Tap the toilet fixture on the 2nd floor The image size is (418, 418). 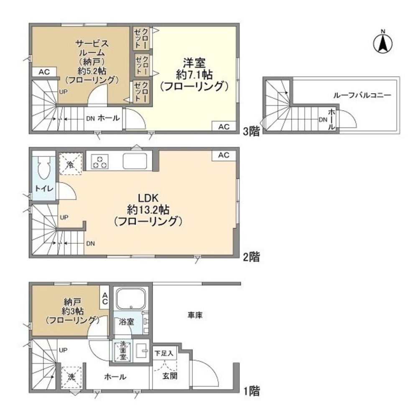coord(44,168)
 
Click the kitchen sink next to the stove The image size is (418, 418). coord(135,161)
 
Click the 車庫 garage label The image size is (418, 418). coord(195,315)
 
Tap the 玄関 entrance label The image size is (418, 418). coord(170,376)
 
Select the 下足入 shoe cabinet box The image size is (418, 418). coord(164,353)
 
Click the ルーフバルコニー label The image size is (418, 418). coord(362,95)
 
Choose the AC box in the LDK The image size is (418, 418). coord(224,155)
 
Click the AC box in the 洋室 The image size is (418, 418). coord(224,127)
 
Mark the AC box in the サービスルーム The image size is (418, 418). coord(44,72)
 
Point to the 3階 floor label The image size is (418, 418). coord(251,131)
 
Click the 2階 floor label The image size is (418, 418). coord(251,257)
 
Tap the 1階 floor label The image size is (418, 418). coord(251,391)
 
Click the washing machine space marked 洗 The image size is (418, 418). coord(71,377)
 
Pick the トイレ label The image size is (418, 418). coord(44,189)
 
